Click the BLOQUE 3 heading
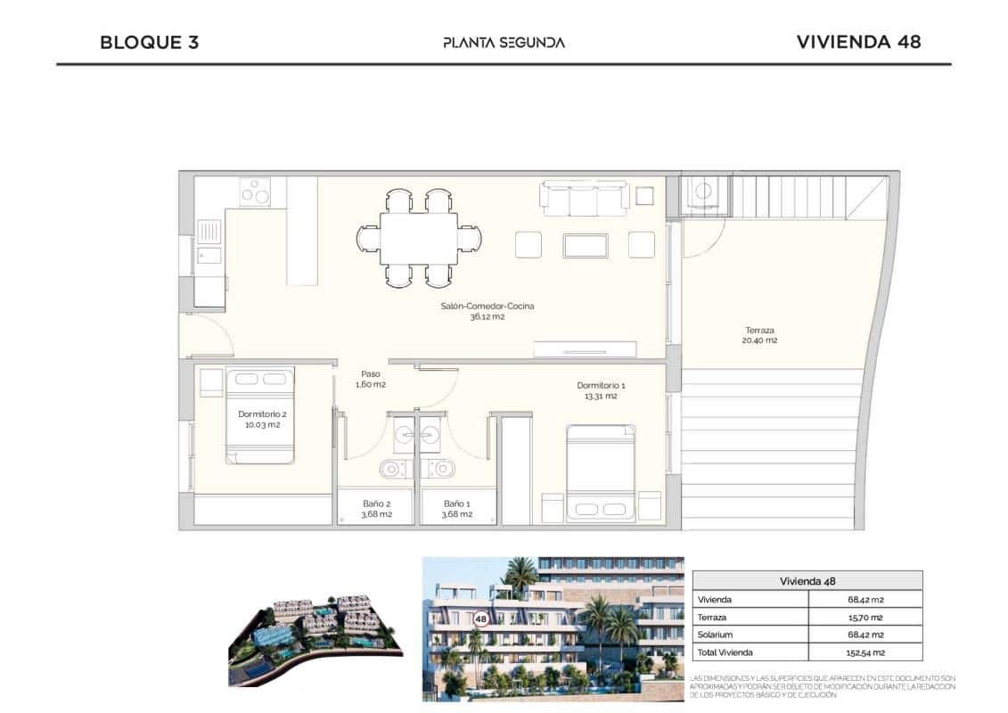click(x=149, y=42)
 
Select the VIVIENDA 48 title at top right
click(x=857, y=42)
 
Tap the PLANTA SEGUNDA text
click(x=504, y=42)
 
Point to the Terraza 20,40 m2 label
click(x=760, y=334)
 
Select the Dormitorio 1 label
click(x=601, y=390)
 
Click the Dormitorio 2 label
click(x=262, y=419)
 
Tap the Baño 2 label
click(x=376, y=508)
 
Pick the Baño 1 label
click(x=456, y=508)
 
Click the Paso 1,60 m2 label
click(x=370, y=379)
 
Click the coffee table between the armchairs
click(x=585, y=244)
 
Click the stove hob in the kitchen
click(x=255, y=193)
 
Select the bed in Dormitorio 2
click(x=259, y=415)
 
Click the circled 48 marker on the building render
click(x=481, y=618)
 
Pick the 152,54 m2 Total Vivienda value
click(x=865, y=652)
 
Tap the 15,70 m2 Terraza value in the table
click(x=865, y=617)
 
